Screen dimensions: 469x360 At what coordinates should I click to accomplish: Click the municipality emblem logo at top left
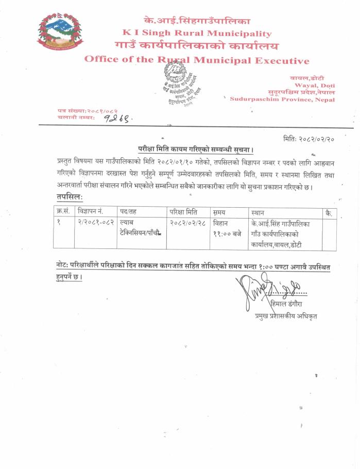59,32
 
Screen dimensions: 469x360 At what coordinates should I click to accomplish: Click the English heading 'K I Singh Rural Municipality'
193,33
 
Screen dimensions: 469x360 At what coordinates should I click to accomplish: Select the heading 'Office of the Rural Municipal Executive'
197,60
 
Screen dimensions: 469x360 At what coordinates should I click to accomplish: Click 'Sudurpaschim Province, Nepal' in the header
282,99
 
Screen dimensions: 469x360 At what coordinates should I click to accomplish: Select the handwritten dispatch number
118,119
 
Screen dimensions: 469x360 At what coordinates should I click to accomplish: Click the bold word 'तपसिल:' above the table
70,197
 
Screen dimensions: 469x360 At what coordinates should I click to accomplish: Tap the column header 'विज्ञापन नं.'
91,212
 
